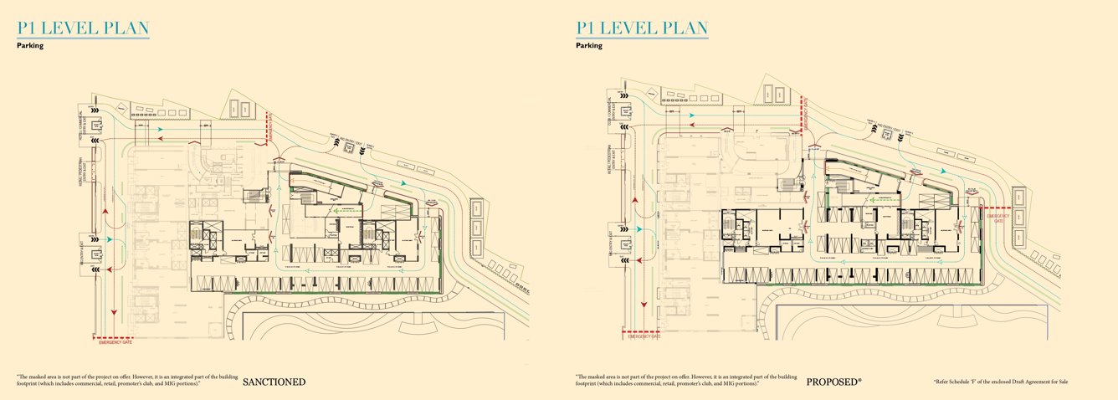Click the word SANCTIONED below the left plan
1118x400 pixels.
click(x=274, y=382)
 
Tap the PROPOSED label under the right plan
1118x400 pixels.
click(x=833, y=382)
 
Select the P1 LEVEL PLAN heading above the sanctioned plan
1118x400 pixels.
click(x=83, y=28)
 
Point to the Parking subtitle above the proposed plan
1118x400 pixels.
click(x=588, y=45)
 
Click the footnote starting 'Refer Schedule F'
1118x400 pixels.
click(x=1001, y=382)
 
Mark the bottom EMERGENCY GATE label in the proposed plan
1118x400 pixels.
click(x=644, y=336)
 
